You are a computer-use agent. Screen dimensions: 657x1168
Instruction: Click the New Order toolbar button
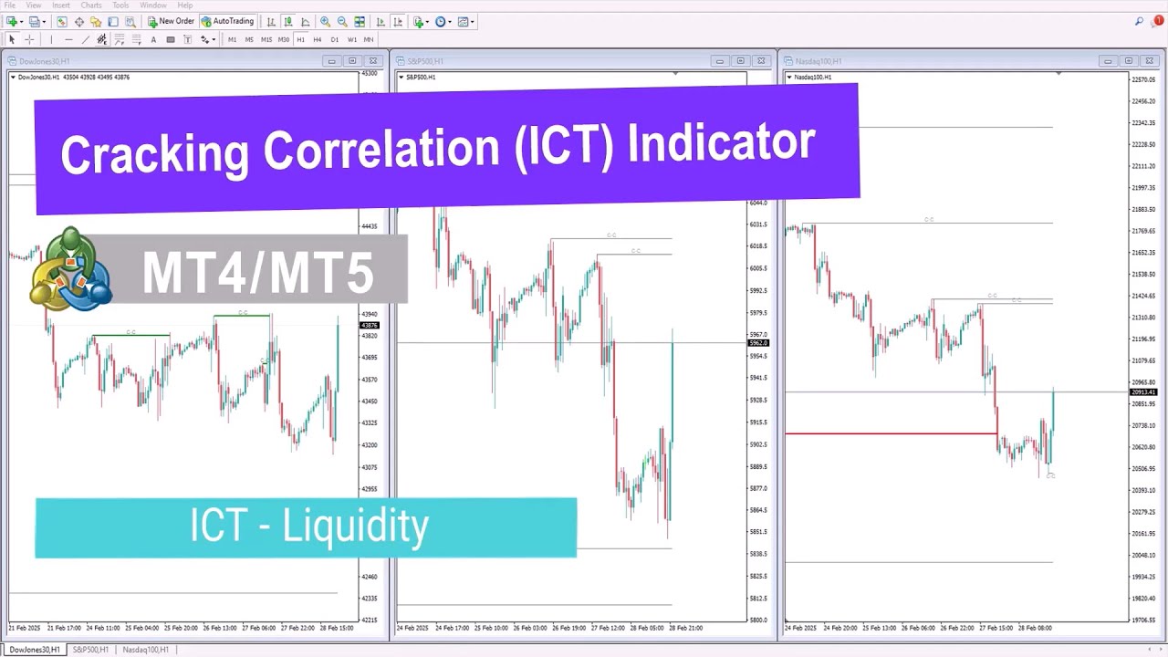pyautogui.click(x=171, y=21)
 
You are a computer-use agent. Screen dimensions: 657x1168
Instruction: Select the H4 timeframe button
pyautogui.click(x=317, y=39)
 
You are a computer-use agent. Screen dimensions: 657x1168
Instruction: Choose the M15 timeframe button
pyautogui.click(x=266, y=39)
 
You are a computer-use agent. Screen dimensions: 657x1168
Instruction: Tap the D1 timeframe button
pyautogui.click(x=334, y=39)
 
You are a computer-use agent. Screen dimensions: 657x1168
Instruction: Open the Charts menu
pyautogui.click(x=91, y=5)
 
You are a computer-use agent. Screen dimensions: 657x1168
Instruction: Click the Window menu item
pyautogui.click(x=152, y=5)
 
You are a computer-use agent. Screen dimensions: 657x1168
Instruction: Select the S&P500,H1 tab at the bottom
pyautogui.click(x=90, y=650)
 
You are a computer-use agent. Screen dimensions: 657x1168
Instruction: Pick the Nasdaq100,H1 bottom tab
pyautogui.click(x=145, y=650)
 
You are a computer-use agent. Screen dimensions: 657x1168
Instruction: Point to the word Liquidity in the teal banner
pyautogui.click(x=355, y=527)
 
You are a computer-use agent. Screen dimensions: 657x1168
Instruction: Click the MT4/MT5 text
pyautogui.click(x=258, y=271)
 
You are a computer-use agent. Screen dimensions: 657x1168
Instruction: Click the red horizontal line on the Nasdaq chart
pyautogui.click(x=890, y=433)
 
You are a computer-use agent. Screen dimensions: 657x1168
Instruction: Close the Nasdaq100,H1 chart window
pyautogui.click(x=1149, y=61)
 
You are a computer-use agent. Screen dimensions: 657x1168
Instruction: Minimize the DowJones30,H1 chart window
pyautogui.click(x=331, y=61)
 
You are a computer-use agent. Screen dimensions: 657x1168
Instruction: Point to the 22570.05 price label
pyautogui.click(x=1143, y=79)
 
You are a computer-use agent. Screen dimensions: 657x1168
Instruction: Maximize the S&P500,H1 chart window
pyautogui.click(x=740, y=61)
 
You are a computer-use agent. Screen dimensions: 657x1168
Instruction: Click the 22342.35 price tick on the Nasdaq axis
pyautogui.click(x=1143, y=123)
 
